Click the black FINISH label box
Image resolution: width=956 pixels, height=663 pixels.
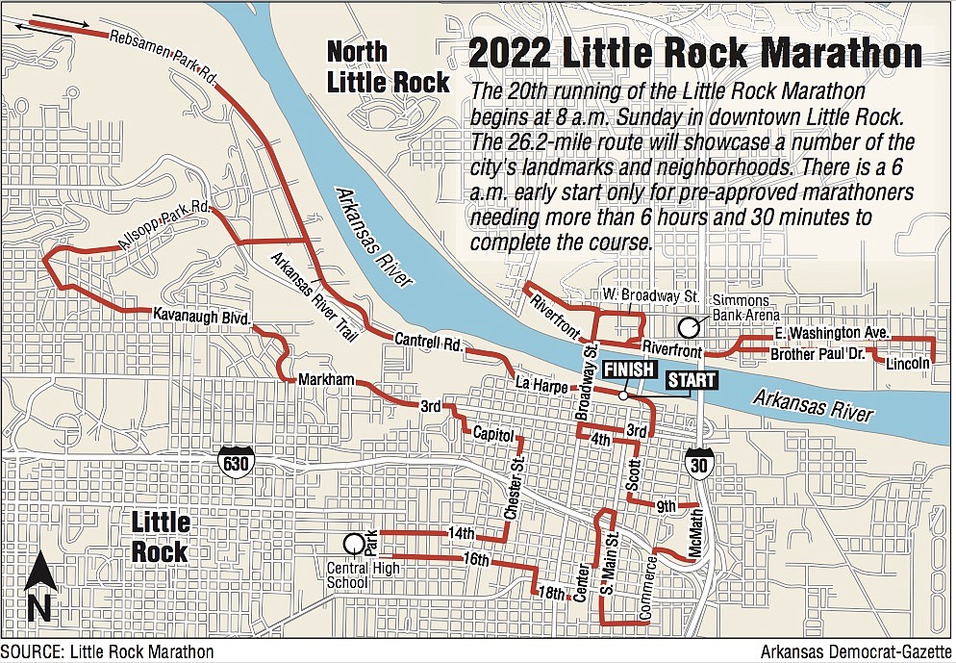630,370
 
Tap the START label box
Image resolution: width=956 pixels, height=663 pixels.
692,380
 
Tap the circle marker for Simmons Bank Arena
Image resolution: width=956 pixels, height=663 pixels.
688,327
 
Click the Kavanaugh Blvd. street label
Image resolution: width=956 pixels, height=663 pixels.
201,316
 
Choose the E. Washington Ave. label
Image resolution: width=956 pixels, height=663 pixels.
832,333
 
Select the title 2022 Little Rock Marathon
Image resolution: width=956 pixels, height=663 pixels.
693,53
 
